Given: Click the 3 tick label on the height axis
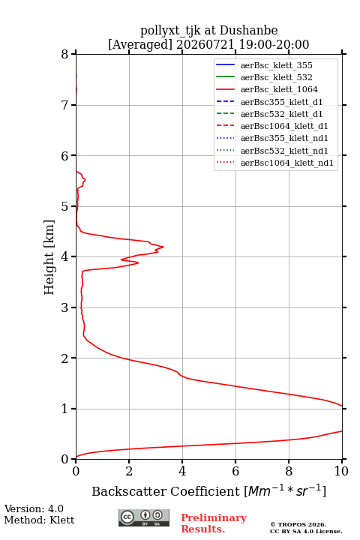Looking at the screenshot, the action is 64,307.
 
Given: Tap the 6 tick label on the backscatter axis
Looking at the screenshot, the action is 235,471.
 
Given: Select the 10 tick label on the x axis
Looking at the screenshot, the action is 341,471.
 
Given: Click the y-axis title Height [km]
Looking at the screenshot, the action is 49,257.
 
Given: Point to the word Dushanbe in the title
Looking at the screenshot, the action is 249,31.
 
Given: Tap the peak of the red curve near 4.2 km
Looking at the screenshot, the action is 163,247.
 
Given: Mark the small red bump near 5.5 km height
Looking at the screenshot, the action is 85,180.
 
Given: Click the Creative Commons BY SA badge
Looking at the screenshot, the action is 144,517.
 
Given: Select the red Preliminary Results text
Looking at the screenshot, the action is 214,523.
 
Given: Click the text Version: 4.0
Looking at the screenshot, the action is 34,509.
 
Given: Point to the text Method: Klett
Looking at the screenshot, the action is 39,520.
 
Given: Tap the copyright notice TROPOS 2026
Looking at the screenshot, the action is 298,524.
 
